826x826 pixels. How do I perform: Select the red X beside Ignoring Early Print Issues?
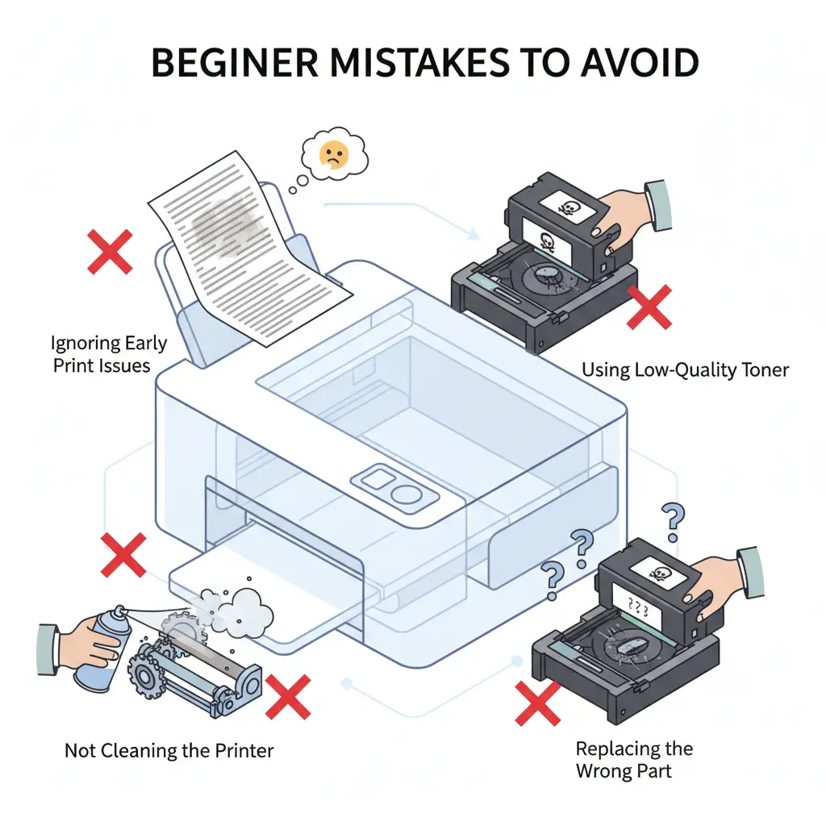pyautogui.click(x=111, y=250)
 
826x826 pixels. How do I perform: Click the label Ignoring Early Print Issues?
pyautogui.click(x=109, y=353)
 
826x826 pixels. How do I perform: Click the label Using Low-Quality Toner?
pyautogui.click(x=685, y=370)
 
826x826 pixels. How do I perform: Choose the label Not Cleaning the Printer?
pyautogui.click(x=169, y=751)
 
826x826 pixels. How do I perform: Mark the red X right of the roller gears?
pyautogui.click(x=288, y=697)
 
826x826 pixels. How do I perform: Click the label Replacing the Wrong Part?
pyautogui.click(x=634, y=759)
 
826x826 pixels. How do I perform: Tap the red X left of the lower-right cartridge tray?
pyautogui.click(x=538, y=703)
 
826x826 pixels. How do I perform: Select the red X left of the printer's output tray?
pyautogui.click(x=123, y=555)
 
